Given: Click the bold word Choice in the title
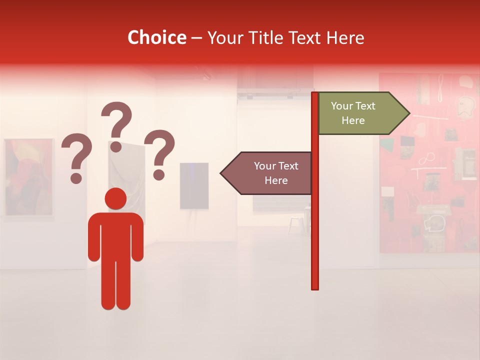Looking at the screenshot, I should [x=156, y=37].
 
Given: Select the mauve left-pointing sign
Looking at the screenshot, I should [x=267, y=173].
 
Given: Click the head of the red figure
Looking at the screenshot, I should [x=115, y=198].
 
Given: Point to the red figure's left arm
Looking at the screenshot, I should [x=94, y=240].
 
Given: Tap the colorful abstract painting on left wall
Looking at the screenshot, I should [x=29, y=177].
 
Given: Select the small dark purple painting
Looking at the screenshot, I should [x=194, y=185].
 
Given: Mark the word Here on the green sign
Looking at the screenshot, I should [x=353, y=120].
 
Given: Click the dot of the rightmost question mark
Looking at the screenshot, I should [x=159, y=175].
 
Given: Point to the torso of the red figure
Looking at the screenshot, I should [x=115, y=235].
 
